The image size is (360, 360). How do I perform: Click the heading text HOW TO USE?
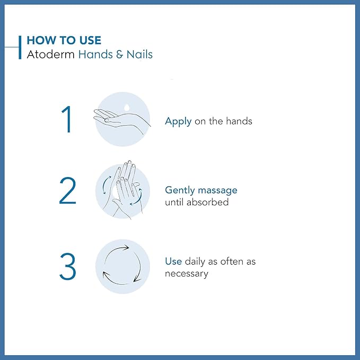pos(64,40)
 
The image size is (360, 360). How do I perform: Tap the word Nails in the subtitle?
pos(139,54)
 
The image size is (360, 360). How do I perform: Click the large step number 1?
pos(67,120)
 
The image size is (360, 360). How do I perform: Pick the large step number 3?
pos(67,267)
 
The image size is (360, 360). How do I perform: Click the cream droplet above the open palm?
pos(127,108)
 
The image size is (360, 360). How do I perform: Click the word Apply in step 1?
pos(178,121)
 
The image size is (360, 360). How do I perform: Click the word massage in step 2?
pos(218,190)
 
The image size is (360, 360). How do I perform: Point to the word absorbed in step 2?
pos(209,202)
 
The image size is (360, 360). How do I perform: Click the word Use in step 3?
pos(173,261)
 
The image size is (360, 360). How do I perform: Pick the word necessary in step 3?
pos(186,274)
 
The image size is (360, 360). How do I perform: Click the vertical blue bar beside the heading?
pos(20,47)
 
